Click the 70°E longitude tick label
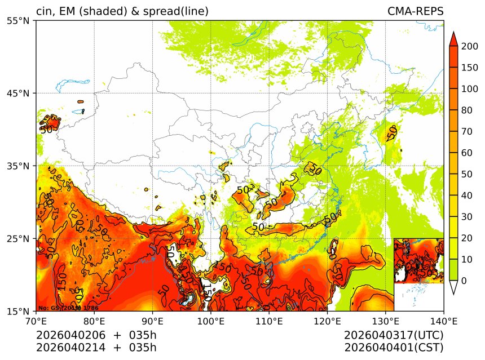tap(36, 321)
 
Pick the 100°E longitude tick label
tap(211, 321)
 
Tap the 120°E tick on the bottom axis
tap(327, 321)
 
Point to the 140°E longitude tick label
tap(443, 321)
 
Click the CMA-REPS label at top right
tap(415, 11)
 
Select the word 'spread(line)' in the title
tap(175, 11)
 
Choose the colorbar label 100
tap(466, 89)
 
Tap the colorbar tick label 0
tap(463, 281)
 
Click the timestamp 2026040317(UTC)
tap(394, 335)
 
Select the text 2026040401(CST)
tap(394, 347)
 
